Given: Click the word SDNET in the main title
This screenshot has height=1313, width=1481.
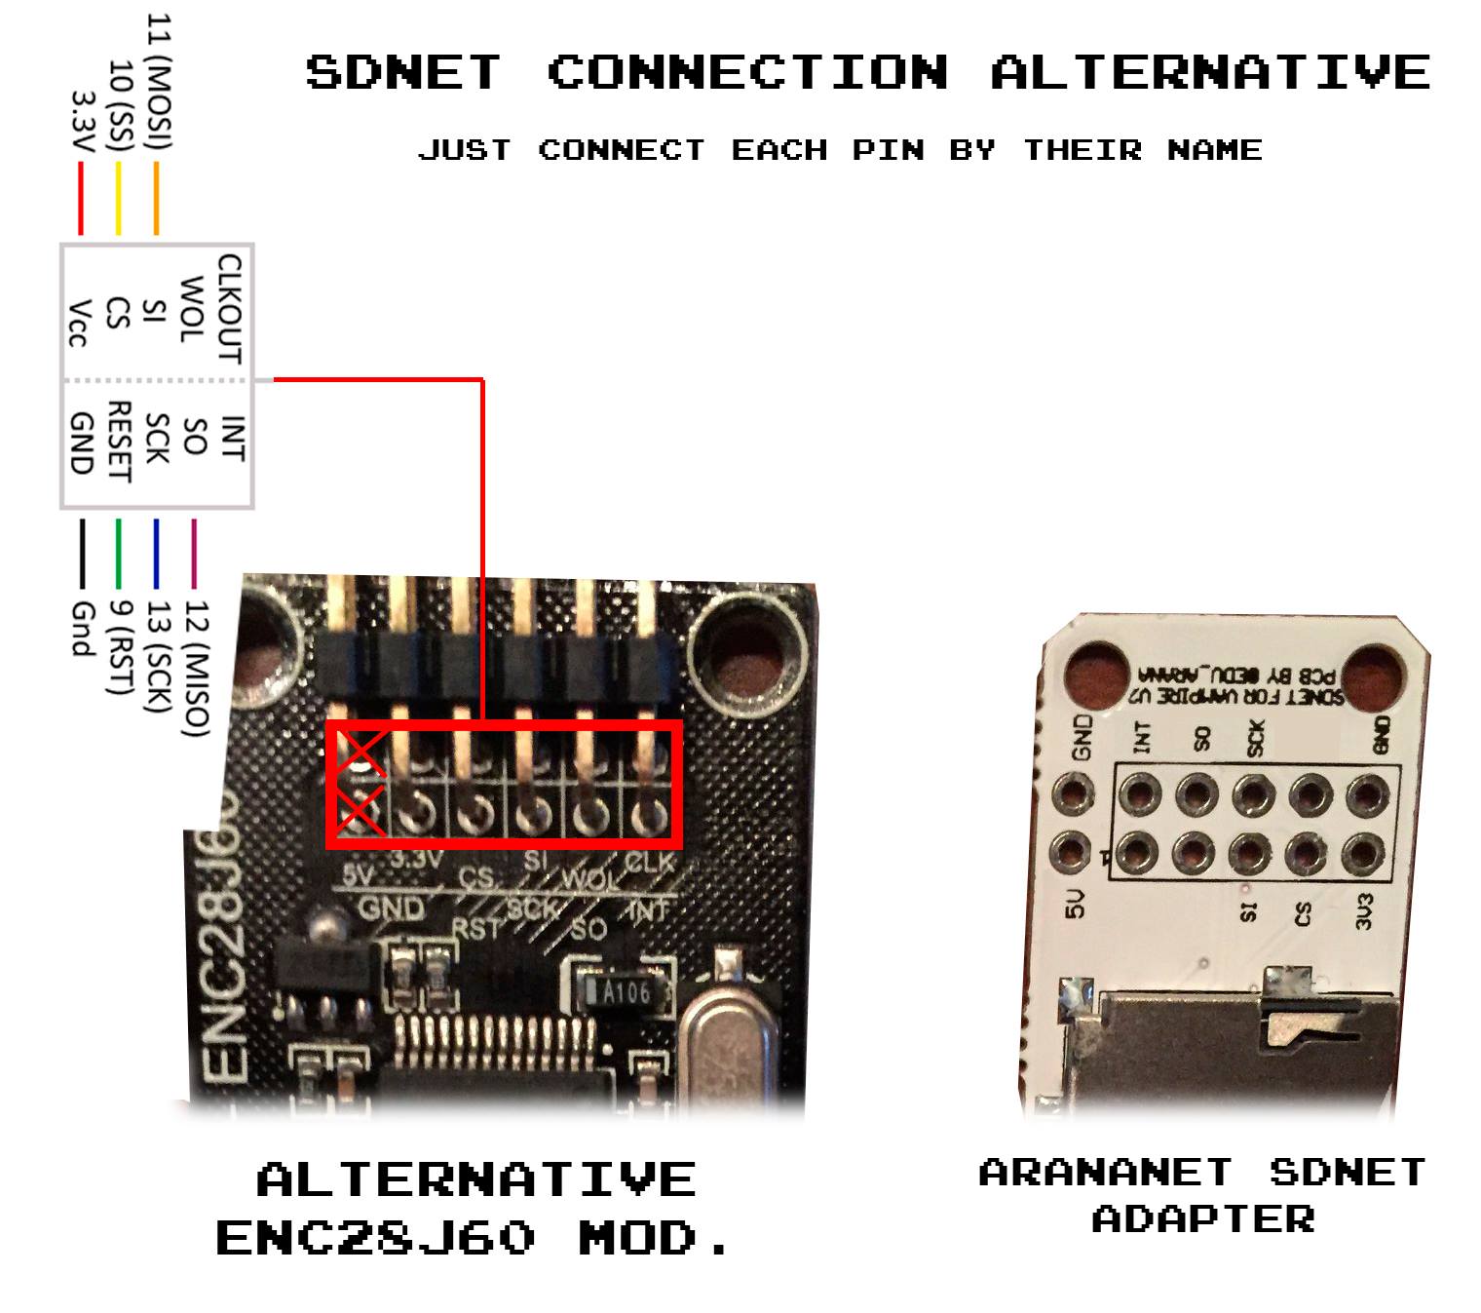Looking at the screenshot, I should click(403, 73).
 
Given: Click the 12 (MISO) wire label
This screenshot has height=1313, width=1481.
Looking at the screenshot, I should click(196, 668).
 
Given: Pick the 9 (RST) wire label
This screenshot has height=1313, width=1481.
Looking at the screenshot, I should click(119, 647).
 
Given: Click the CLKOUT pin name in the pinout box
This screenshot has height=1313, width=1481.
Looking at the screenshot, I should click(230, 309).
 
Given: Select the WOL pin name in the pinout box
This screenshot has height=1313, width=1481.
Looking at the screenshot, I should click(191, 309).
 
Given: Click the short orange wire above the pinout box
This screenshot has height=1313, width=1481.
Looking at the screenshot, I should click(156, 199).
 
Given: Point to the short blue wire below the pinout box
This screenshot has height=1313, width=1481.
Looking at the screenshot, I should click(156, 554).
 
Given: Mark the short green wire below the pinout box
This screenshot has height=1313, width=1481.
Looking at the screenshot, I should click(119, 554).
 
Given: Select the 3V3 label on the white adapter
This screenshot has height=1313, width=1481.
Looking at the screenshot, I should click(1365, 910).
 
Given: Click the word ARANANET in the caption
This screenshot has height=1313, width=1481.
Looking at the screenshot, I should click(1105, 1172).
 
